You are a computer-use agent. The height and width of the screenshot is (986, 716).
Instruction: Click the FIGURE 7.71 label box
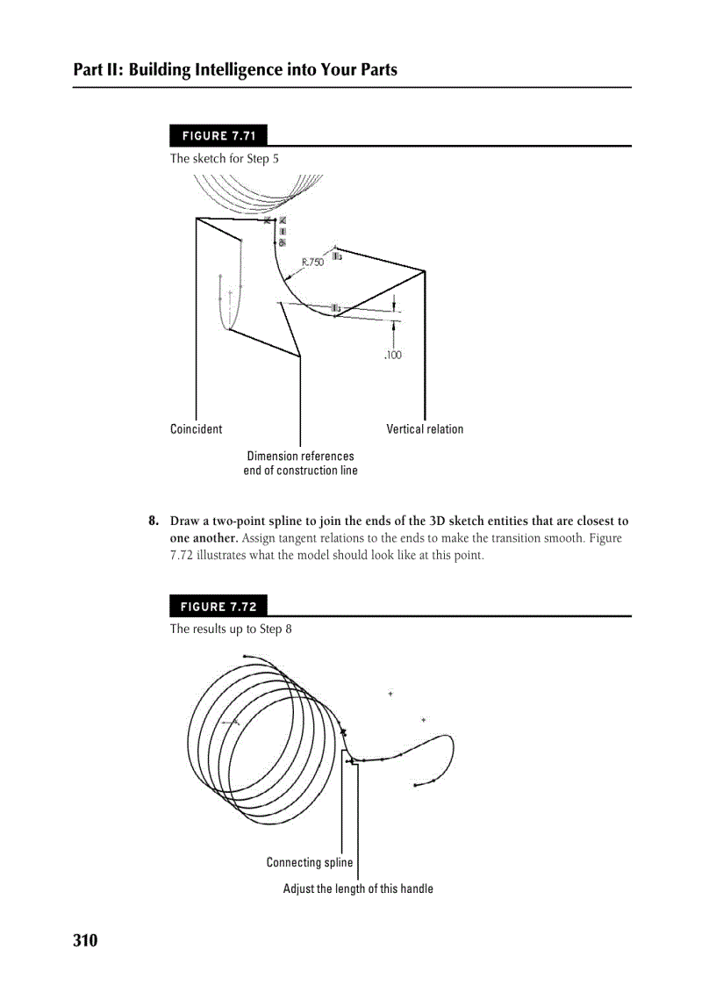(218, 136)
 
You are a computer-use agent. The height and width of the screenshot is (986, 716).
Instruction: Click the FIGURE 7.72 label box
(218, 607)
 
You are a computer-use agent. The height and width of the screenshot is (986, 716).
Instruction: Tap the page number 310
(85, 941)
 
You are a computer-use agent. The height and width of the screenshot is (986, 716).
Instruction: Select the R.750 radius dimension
(312, 262)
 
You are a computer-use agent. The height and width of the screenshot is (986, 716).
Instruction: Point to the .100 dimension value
(392, 356)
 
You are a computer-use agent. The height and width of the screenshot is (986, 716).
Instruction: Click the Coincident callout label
(196, 429)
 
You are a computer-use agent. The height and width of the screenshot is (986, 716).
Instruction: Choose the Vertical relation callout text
(425, 429)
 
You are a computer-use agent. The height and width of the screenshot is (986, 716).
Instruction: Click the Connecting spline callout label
(310, 862)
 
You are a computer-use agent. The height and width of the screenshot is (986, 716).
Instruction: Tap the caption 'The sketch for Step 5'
(225, 159)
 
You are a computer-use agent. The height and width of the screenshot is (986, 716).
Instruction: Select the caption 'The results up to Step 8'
(232, 629)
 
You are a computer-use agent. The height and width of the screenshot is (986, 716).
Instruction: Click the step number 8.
(153, 522)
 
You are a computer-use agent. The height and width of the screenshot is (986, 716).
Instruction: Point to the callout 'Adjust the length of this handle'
(358, 889)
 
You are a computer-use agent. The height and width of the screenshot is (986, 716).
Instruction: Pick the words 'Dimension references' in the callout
(300, 456)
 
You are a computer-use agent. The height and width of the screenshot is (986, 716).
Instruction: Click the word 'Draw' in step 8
(185, 522)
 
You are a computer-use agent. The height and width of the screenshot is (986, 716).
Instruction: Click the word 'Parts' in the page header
(376, 69)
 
